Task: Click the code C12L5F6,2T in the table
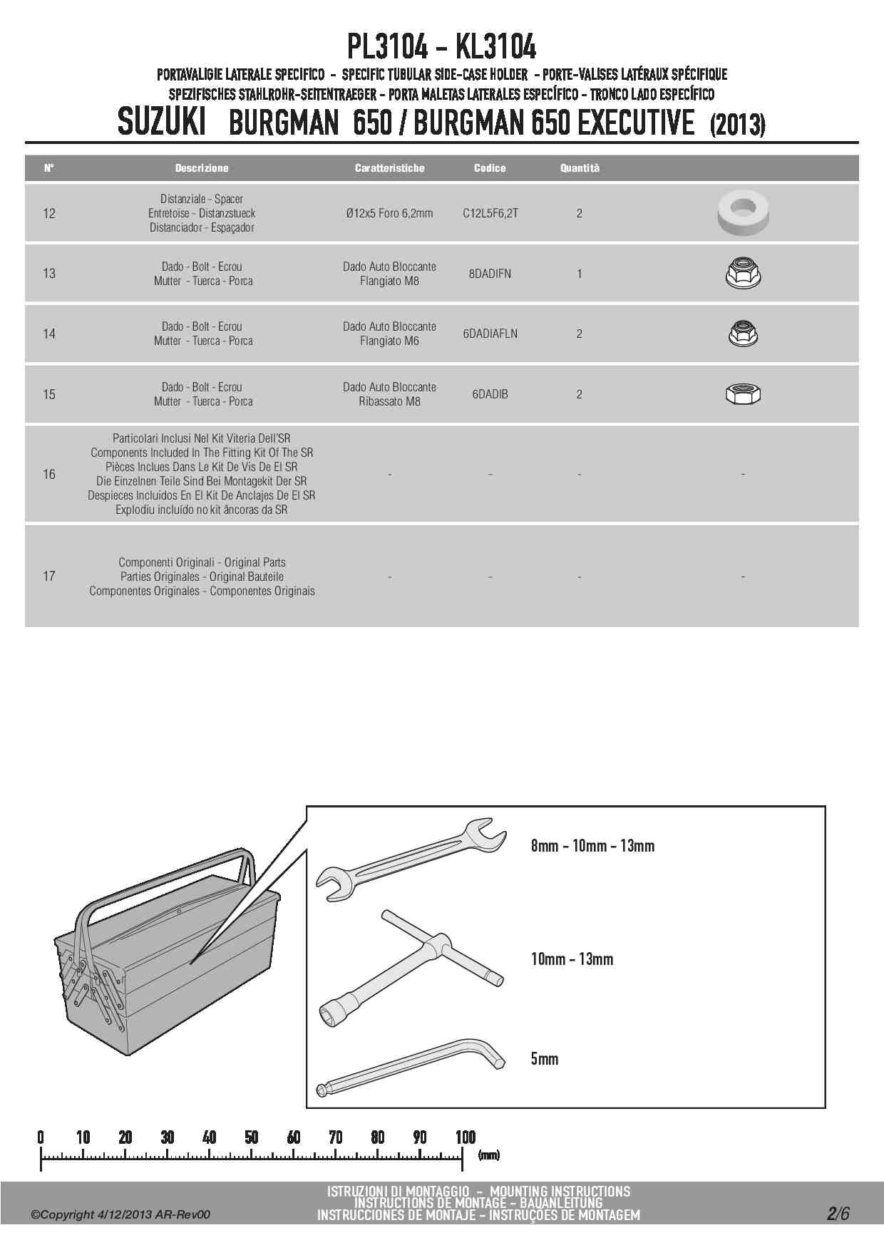[490, 213]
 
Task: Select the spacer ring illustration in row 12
[743, 212]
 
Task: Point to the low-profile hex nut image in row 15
[743, 393]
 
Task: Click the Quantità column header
[580, 168]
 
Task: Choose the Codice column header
[490, 168]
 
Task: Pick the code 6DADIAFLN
[490, 334]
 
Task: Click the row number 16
[49, 474]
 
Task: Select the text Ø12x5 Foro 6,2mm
[389, 213]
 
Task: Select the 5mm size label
[545, 1058]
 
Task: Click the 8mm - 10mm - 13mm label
[592, 846]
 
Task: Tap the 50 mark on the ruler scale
[252, 1137]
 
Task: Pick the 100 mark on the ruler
[465, 1137]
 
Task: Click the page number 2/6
[838, 1214]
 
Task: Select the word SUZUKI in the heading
[161, 123]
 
